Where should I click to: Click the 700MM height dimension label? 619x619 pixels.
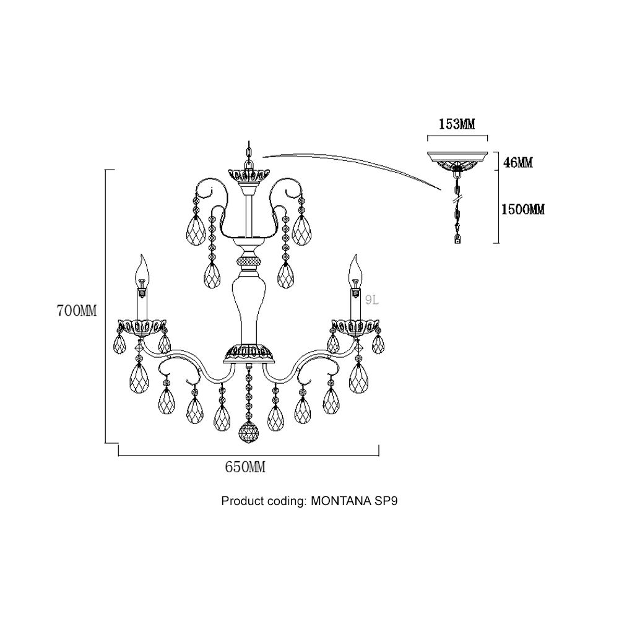coord(77,311)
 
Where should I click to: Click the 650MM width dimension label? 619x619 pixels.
coord(245,468)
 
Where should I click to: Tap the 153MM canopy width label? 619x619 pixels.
coord(457,125)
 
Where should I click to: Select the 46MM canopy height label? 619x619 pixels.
coord(519,163)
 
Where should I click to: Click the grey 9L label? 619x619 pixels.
coord(373,301)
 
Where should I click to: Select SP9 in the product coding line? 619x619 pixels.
coord(384,501)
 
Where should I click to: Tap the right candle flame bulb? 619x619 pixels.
coord(355,267)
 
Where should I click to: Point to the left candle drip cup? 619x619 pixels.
coord(142,326)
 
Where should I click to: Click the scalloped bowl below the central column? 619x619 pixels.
coord(249,353)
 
